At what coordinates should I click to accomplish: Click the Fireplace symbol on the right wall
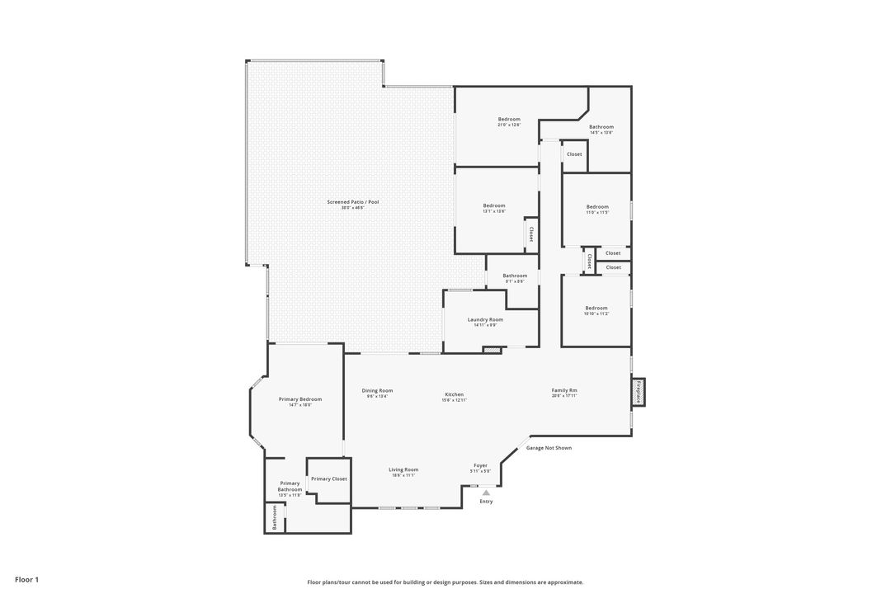[639, 392]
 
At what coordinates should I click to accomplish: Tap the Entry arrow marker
[486, 493]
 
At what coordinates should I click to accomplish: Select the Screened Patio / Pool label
[352, 202]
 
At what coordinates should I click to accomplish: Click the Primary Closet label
[328, 478]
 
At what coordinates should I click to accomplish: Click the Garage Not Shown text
[549, 448]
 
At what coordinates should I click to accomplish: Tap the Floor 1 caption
[26, 580]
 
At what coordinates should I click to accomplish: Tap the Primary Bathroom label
[290, 487]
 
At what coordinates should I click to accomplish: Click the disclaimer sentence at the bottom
[445, 582]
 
